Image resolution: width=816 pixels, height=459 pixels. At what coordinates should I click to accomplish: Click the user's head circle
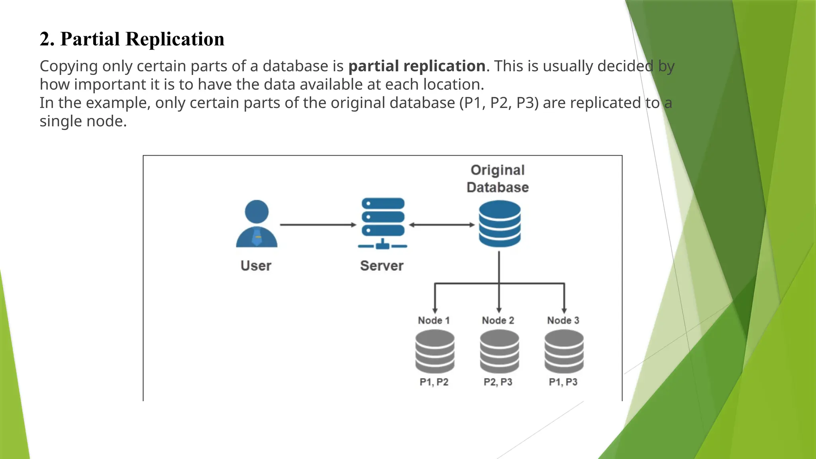pos(257,212)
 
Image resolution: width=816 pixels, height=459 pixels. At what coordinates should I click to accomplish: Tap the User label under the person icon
pos(256,266)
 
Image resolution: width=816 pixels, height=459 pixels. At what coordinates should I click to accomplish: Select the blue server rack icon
pos(383,223)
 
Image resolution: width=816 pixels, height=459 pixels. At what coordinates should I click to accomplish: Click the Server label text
pos(382,266)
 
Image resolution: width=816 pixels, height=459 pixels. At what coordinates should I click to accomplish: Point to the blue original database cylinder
pos(500,224)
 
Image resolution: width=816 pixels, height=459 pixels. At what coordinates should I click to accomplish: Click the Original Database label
pos(498,178)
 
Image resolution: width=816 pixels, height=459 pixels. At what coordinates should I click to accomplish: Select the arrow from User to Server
pos(318,225)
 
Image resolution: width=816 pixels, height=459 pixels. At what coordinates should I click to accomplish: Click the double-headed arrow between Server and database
pos(442,225)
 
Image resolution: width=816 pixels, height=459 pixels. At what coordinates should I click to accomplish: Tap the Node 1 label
pos(434,320)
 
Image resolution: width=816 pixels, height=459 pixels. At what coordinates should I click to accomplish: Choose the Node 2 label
pos(498,320)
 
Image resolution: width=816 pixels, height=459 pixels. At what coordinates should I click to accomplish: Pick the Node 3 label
pos(563,320)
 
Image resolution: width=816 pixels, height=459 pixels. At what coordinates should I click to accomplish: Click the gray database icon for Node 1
pos(435,352)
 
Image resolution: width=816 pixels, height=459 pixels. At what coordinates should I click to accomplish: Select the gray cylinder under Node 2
pos(499,352)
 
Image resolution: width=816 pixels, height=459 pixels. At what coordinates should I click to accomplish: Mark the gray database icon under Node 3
pos(564,352)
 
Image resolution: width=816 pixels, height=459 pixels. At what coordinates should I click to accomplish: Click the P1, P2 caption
pos(434,382)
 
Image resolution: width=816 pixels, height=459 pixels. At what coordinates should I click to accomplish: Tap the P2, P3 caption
pos(498,382)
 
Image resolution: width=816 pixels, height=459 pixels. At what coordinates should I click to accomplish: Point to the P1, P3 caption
pos(563,382)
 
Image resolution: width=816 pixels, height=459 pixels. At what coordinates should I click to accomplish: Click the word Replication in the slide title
pos(175,39)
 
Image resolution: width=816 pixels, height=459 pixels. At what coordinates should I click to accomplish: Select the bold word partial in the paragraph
pos(373,66)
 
